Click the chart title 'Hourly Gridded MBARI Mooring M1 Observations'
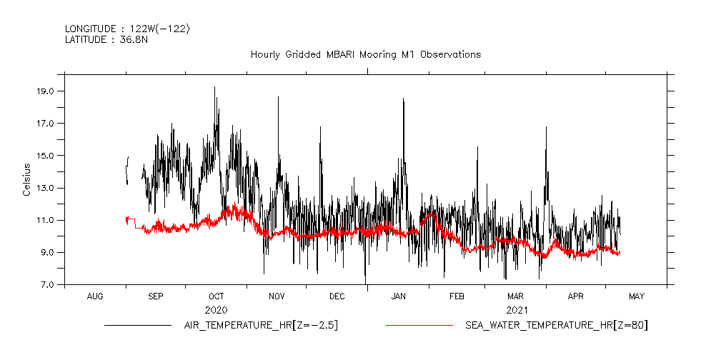click(365, 54)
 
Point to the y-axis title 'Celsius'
click(26, 179)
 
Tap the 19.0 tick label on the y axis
click(46, 91)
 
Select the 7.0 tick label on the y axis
click(46, 285)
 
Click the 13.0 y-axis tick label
click(46, 188)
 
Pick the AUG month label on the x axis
click(95, 296)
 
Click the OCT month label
click(216, 296)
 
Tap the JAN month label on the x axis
click(398, 296)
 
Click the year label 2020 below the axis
click(216, 310)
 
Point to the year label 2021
click(517, 310)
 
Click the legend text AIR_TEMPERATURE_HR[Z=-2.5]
click(256, 326)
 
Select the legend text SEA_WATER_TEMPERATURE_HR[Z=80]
click(557, 326)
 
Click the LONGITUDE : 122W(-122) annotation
click(127, 29)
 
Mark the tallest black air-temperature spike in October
click(214, 87)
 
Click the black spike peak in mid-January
click(403, 99)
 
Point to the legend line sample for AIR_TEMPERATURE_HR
click(138, 326)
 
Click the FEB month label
click(457, 296)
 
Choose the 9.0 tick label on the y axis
click(46, 253)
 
